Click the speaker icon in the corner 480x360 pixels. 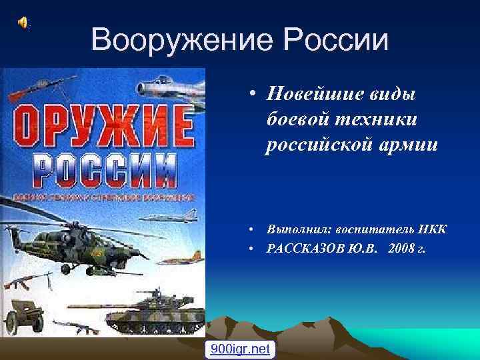click(23, 23)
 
